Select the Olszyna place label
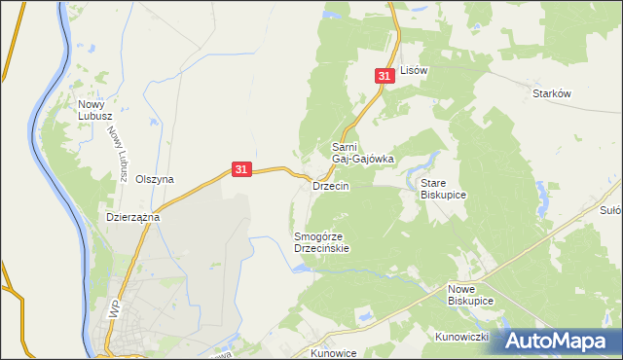tap(155, 179)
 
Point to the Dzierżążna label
tap(132, 218)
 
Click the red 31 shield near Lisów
tap(385, 75)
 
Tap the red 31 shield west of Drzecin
tap(242, 169)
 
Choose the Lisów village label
tap(415, 71)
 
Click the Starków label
tap(551, 93)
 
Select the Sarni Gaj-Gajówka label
tap(362, 152)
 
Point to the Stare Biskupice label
tap(443, 189)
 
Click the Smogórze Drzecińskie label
tap(321, 242)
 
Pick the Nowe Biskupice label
tap(471, 296)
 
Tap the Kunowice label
tap(336, 352)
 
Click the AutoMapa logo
tap(555, 341)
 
